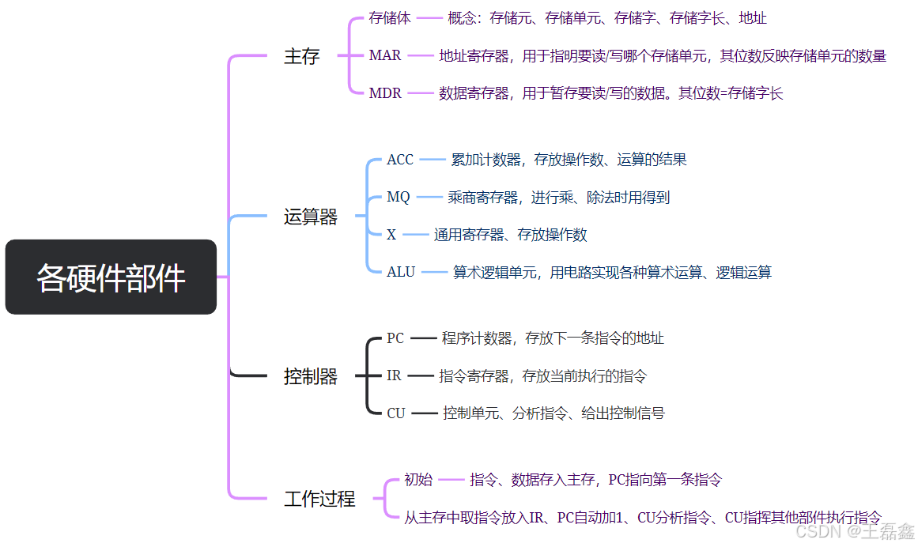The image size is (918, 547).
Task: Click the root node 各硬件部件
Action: point(111,277)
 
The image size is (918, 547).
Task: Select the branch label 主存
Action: point(301,57)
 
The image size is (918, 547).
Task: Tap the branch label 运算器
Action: point(311,217)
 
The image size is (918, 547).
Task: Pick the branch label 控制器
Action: point(311,377)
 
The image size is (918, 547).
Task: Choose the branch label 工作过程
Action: point(319,499)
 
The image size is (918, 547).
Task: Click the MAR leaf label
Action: point(385,56)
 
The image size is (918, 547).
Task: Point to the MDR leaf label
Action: point(385,93)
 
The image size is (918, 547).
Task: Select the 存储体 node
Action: point(390,18)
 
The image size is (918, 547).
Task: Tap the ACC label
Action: point(400,160)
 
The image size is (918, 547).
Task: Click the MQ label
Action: point(399,197)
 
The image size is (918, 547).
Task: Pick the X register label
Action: point(391,235)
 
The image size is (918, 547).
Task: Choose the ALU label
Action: point(401,272)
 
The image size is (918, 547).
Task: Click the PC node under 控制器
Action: point(395,338)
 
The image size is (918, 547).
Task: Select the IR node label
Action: point(395,375)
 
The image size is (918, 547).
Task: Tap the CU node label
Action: point(396,413)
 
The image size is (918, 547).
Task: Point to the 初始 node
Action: point(418,479)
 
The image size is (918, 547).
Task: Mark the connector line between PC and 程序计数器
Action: point(423,338)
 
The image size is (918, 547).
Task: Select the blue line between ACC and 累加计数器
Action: point(433,160)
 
